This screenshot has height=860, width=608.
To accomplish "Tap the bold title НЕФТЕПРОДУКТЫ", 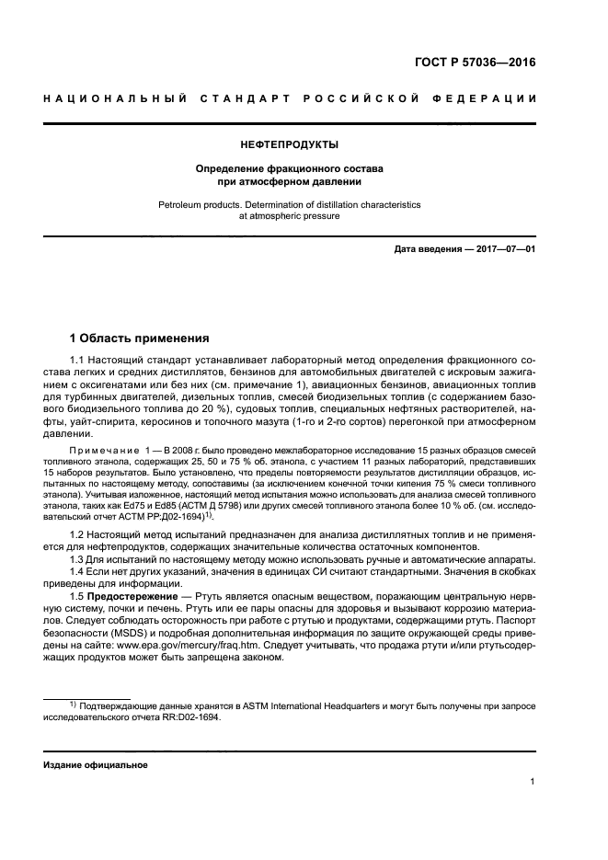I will coord(289,144).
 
